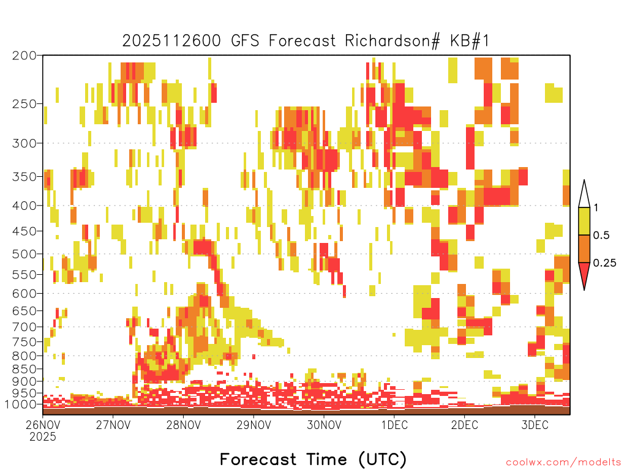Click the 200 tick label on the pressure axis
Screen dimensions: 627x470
click(24, 56)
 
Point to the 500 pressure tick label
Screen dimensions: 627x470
click(24, 254)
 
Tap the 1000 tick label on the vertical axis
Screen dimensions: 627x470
click(21, 405)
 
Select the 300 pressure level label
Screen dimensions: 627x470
click(24, 143)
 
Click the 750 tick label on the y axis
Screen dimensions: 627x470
click(24, 342)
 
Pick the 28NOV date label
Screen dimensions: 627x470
click(184, 425)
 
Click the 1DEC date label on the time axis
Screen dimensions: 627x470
click(394, 425)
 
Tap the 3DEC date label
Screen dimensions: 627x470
click(535, 425)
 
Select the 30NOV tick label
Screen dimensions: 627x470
click(324, 425)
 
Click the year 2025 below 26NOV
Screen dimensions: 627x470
click(43, 436)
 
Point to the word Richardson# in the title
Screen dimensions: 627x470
click(392, 41)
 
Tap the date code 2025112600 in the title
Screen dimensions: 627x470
click(171, 41)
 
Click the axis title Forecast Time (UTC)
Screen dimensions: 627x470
click(313, 459)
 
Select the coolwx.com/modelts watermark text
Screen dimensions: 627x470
click(563, 463)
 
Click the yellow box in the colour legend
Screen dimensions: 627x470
click(584, 221)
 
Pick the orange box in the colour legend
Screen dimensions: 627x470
click(584, 248)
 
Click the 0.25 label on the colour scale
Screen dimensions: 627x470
click(604, 263)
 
